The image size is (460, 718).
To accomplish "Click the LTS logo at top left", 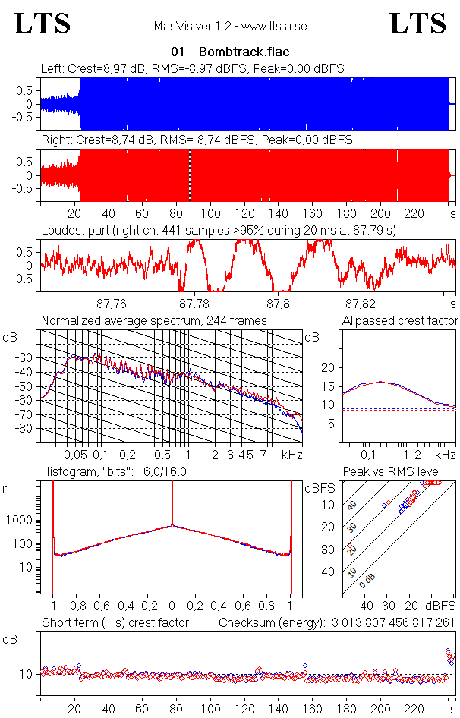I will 43,24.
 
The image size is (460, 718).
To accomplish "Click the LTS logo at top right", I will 417,24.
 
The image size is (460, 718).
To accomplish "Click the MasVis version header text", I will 230,27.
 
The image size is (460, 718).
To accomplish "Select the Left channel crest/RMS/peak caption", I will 193,68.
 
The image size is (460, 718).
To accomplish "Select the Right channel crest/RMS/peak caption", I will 197,140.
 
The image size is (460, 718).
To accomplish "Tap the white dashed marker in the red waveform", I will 190,175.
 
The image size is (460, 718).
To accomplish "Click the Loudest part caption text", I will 218,229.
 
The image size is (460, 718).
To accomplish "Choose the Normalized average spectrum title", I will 154,321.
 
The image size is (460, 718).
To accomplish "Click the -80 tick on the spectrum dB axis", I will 27,429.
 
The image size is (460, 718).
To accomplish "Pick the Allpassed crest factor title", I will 400,321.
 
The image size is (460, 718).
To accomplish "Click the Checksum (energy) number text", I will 391,623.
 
